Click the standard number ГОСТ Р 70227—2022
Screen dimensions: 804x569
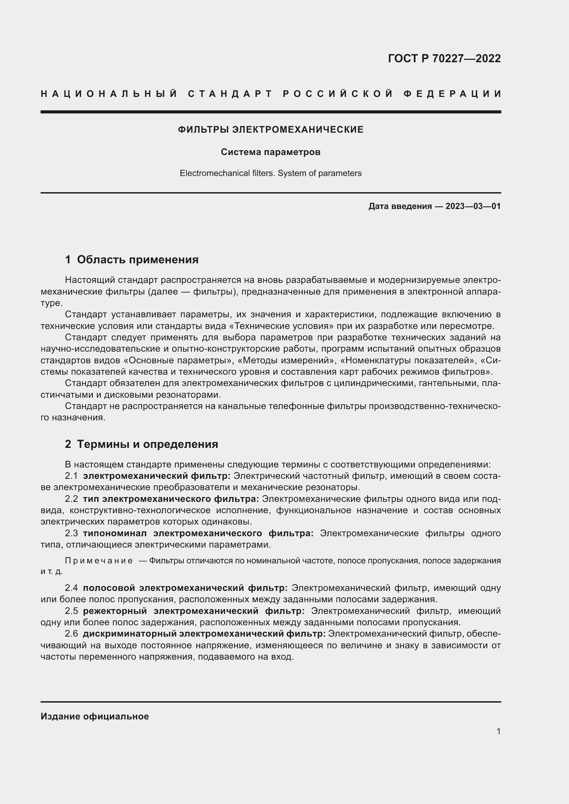[x=444, y=58]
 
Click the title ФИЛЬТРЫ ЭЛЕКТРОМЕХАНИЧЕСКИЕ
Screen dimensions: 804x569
[x=270, y=130]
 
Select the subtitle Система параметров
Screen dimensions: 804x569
[x=270, y=152]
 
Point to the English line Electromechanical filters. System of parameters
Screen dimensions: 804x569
[x=270, y=173]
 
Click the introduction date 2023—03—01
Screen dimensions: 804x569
[x=473, y=206]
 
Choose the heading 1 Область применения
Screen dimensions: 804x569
[x=132, y=260]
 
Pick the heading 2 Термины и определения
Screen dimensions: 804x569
[x=141, y=444]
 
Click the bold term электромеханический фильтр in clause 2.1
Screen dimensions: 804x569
[x=157, y=476]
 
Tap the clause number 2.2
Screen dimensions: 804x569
[x=72, y=499]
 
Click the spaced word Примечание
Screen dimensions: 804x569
[x=99, y=561]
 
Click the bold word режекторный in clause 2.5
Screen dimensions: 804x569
[x=115, y=611]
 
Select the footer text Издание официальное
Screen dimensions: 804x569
[x=95, y=716]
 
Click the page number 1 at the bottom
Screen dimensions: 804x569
[x=498, y=731]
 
